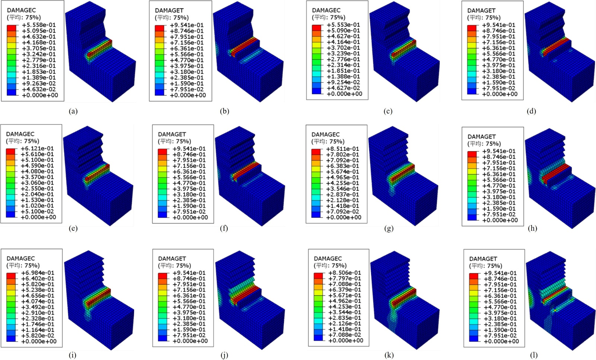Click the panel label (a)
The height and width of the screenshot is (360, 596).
click(x=73, y=111)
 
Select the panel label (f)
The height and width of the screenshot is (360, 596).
click(x=224, y=228)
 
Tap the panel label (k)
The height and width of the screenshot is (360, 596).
click(x=389, y=355)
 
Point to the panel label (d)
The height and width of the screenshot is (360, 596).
click(x=531, y=111)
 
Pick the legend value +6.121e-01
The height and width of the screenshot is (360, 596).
click(x=37, y=149)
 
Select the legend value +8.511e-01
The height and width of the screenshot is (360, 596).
click(x=342, y=149)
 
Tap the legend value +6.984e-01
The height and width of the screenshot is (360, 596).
click(x=38, y=273)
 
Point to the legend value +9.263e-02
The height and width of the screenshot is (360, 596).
click(x=39, y=83)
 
